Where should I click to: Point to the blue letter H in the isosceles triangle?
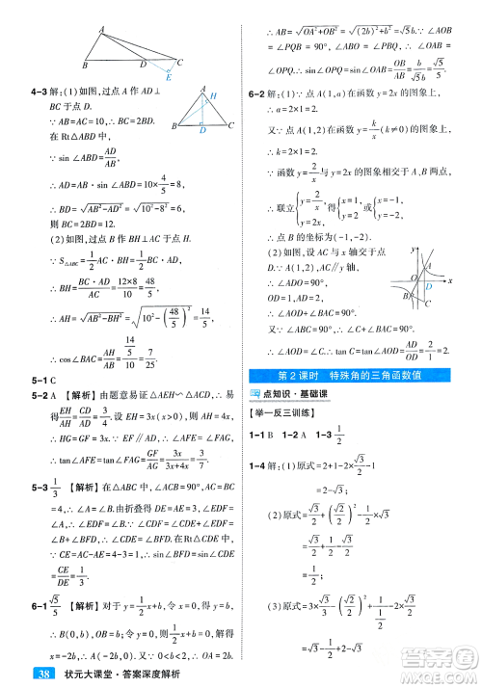point(214,95)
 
